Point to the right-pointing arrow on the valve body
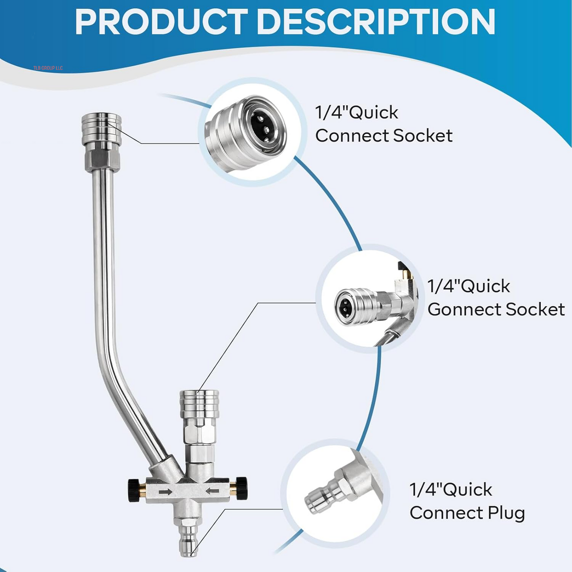(165, 492)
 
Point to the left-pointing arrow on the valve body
(212, 491)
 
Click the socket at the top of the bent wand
(101, 129)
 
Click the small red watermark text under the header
(48, 68)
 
